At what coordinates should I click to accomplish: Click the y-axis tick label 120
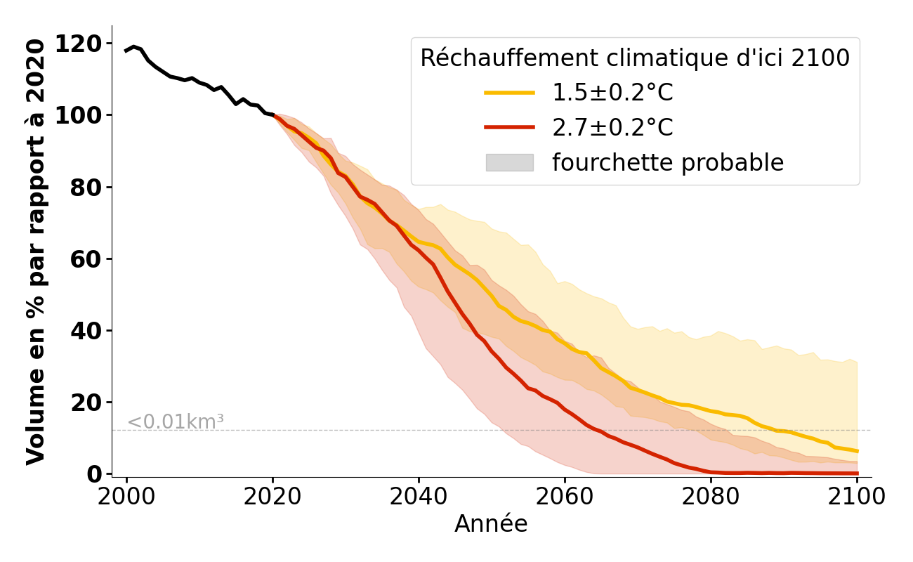tap(79, 44)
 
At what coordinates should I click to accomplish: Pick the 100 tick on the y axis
tap(79, 116)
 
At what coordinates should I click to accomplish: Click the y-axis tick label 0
tap(94, 474)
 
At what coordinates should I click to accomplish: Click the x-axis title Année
tap(491, 524)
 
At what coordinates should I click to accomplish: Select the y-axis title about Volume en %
tap(36, 251)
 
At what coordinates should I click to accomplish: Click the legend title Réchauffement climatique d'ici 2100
tap(635, 58)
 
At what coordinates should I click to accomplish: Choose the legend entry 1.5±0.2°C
tap(612, 93)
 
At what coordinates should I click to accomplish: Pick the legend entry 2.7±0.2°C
tap(612, 128)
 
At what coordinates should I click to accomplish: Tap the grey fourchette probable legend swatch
tap(509, 162)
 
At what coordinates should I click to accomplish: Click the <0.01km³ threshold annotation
tap(176, 422)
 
